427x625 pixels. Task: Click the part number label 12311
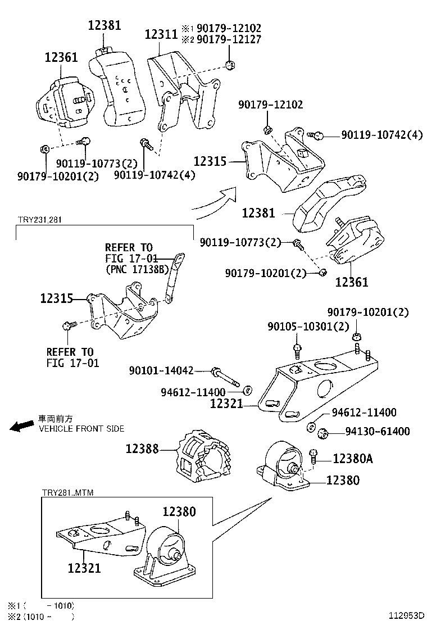pyautogui.click(x=161, y=34)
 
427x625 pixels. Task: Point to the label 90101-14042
pyautogui.click(x=161, y=370)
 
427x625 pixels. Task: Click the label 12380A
pyautogui.click(x=352, y=459)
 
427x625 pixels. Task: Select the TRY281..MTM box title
pyautogui.click(x=67, y=493)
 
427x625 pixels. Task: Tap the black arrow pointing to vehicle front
pyautogui.click(x=23, y=427)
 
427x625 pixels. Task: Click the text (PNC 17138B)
pyautogui.click(x=137, y=269)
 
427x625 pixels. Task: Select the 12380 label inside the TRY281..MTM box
pyautogui.click(x=179, y=511)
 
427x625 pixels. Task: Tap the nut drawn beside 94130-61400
pyautogui.click(x=322, y=433)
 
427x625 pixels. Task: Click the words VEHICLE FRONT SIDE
pyautogui.click(x=81, y=428)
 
